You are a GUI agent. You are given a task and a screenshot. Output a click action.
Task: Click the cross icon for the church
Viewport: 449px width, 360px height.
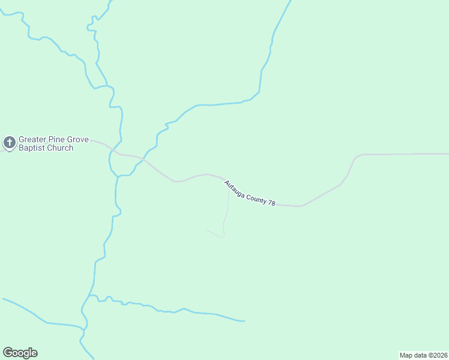[x=9, y=143]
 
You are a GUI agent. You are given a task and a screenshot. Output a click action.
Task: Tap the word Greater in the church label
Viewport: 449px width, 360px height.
[x=32, y=140]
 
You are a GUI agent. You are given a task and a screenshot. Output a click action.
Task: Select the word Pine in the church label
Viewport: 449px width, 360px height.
[x=56, y=140]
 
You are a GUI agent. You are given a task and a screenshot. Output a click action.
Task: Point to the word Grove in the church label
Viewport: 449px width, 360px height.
[x=77, y=140]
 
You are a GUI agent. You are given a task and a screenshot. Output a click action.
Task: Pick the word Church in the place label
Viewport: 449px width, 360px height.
[x=61, y=148]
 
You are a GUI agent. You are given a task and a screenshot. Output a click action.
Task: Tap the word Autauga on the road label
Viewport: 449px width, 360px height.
[x=235, y=188]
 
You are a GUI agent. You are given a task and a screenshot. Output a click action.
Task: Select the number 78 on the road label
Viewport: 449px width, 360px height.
[x=271, y=204]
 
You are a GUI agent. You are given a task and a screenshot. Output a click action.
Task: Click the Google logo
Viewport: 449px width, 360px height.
[x=20, y=353]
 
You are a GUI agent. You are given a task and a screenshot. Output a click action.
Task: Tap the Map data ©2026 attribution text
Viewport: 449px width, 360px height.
[x=423, y=355]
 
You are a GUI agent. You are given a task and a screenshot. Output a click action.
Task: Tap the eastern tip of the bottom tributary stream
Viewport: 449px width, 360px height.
[x=244, y=321]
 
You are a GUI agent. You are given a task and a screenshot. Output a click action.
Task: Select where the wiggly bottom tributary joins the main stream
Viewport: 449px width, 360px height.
[x=90, y=295]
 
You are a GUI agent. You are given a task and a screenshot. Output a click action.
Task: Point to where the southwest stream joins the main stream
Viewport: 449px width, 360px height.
[x=85, y=329]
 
